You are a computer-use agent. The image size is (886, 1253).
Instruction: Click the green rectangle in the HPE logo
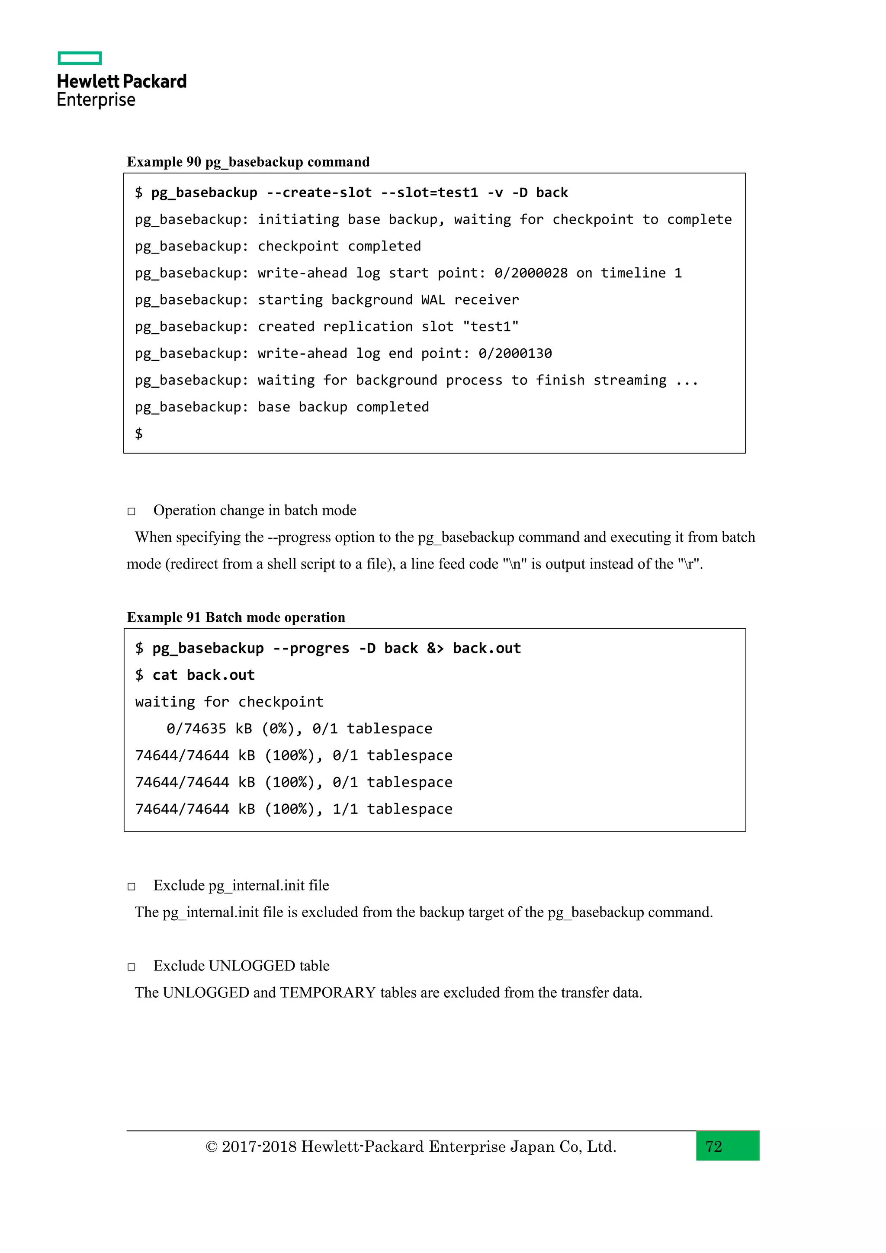[x=80, y=58]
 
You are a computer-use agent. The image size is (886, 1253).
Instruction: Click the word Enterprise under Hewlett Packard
[x=96, y=100]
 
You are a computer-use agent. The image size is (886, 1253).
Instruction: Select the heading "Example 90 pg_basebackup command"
[x=248, y=162]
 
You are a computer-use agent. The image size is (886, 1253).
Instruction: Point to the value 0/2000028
[x=531, y=273]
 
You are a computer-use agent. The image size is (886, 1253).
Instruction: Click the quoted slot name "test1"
[x=491, y=326]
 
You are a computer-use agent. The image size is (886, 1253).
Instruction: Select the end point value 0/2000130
[x=515, y=353]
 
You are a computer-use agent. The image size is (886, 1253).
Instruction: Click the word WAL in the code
[x=433, y=299]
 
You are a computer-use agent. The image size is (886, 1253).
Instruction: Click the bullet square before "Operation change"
[x=132, y=511]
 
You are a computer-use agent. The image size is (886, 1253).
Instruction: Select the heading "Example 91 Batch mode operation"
[x=236, y=617]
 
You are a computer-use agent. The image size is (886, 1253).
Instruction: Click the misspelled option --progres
[x=311, y=648]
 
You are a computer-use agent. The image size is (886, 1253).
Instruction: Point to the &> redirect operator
[x=435, y=648]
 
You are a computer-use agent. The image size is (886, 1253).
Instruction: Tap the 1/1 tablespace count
[x=345, y=809]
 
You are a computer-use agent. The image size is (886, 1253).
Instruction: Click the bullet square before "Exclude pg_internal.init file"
[x=132, y=886]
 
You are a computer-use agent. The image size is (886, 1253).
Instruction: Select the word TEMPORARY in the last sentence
[x=328, y=993]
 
